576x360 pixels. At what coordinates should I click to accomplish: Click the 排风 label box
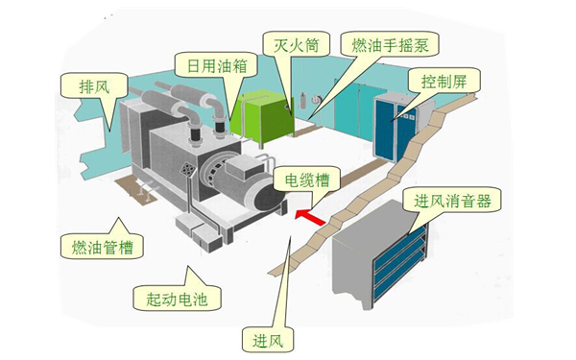click(94, 85)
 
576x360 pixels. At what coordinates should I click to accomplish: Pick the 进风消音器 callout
click(453, 202)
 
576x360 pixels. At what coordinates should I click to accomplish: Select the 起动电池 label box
click(174, 298)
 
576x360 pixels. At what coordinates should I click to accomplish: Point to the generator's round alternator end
click(265, 198)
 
